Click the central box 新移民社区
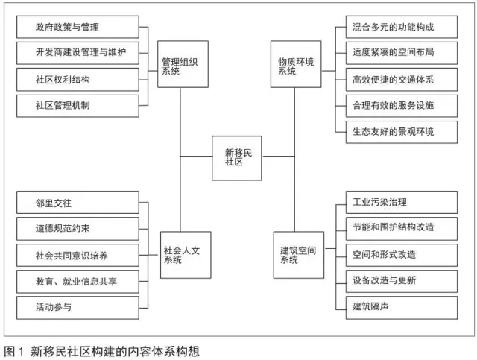237,158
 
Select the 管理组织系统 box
183,64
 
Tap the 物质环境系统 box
296,64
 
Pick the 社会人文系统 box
186,255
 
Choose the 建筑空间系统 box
299,255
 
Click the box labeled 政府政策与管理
78,27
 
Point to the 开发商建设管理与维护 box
78,53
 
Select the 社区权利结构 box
78,80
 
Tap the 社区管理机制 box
78,106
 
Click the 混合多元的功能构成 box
402,27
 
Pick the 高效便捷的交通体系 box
402,80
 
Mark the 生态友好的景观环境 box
402,132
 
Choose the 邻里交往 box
78,203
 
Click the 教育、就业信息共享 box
78,282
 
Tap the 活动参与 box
78,308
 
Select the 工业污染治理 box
402,203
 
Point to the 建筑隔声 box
402,308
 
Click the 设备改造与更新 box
402,282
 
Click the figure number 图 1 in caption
13,352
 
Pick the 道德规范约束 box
78,229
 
